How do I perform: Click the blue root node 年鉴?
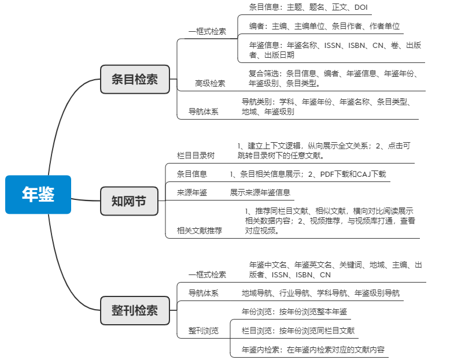click(x=38, y=195)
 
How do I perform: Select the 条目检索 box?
click(x=135, y=79)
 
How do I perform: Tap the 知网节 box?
click(x=128, y=201)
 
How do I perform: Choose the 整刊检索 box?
click(x=135, y=310)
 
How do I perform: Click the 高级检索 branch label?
click(x=210, y=83)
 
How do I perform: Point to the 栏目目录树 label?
click(x=195, y=155)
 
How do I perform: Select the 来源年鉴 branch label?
click(x=192, y=192)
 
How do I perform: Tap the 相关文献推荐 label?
click(x=199, y=231)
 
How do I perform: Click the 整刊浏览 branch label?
click(x=203, y=331)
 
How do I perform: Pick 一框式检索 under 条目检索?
click(x=207, y=31)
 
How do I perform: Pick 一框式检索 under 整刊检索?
click(x=207, y=274)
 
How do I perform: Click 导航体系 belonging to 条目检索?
click(x=203, y=112)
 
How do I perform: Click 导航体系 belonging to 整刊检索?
click(x=203, y=293)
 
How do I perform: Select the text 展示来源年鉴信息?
click(x=260, y=192)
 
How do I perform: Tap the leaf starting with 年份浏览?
click(x=294, y=312)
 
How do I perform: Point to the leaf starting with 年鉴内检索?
click(x=313, y=350)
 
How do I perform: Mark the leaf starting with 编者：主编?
click(x=324, y=26)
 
